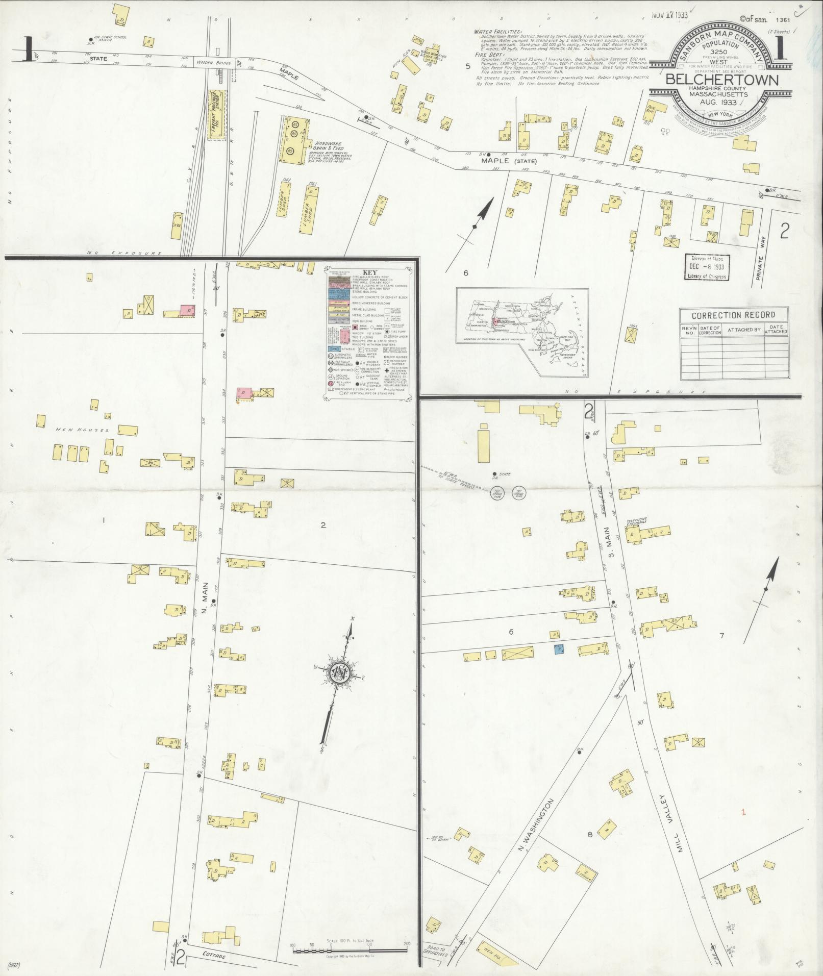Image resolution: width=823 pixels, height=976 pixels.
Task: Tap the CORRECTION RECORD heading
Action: [x=734, y=315]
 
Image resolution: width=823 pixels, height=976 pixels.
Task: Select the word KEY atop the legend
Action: [x=369, y=272]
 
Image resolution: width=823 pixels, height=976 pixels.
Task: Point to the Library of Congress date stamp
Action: [x=707, y=267]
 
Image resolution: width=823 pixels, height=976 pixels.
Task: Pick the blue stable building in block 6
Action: [x=559, y=649]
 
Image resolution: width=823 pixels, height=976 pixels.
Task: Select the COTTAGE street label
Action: [x=213, y=956]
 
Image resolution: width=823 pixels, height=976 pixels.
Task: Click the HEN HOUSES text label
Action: [x=82, y=430]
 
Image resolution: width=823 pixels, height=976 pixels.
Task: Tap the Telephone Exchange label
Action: [x=636, y=522]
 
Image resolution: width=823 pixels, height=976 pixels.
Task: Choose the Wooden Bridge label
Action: [x=218, y=58]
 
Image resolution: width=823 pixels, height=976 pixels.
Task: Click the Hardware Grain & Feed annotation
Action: [x=331, y=148]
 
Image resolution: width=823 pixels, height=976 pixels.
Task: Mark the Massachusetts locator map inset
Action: [x=522, y=332]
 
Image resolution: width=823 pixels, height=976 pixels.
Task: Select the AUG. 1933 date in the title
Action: [x=714, y=103]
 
